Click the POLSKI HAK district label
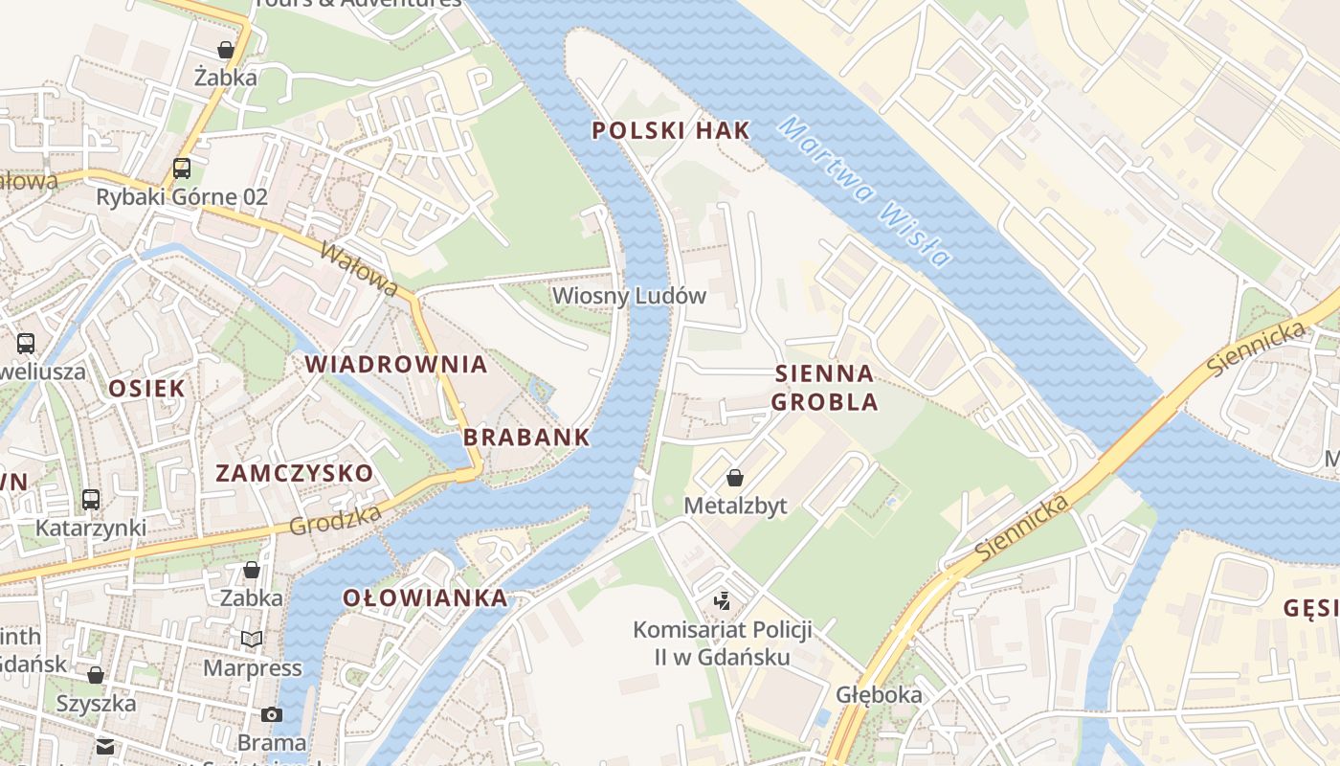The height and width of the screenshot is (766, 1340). coord(670,132)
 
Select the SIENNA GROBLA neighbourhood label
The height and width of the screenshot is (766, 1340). coord(824,388)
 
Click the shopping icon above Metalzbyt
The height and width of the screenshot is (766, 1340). coord(735,478)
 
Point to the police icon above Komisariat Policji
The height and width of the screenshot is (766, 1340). coord(723,601)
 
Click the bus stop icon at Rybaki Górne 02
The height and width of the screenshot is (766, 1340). coord(181,169)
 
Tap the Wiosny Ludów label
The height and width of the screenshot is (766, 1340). coord(629,296)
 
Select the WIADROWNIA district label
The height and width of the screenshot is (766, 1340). coord(396,365)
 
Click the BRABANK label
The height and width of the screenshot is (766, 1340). coord(526,438)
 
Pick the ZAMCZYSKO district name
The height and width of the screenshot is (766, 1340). coord(294,473)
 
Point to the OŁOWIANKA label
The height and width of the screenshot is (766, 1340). coord(425,598)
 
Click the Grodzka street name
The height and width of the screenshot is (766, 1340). coord(334,521)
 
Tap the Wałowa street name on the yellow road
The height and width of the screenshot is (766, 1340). coord(358,270)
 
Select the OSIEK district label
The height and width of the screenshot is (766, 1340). coord(146,388)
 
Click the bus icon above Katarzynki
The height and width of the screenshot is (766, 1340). coord(91,500)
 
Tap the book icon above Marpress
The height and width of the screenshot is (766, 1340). coord(252,639)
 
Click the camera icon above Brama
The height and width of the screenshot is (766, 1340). coord(272,714)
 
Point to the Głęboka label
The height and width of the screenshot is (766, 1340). coord(879,695)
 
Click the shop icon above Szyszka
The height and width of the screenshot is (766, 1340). coord(96,675)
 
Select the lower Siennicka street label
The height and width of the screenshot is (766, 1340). coord(1021,529)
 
